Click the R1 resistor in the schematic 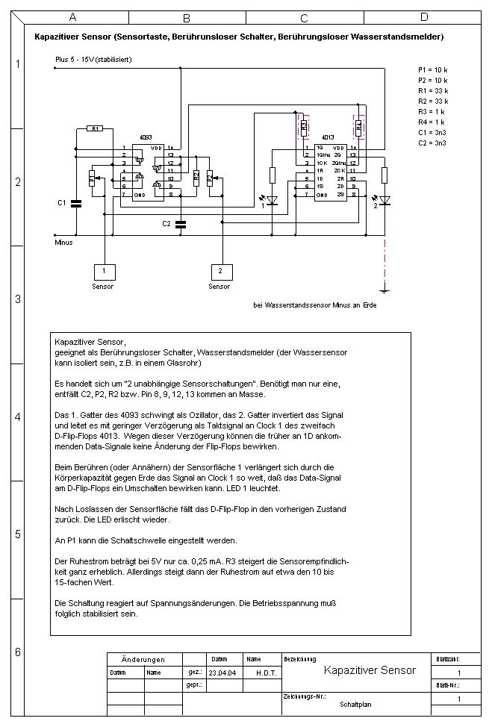(x=95, y=128)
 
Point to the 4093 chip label (x=146, y=139)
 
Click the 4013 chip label (x=326, y=139)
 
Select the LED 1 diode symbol (x=272, y=200)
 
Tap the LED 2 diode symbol (x=384, y=200)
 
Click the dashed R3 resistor (x=303, y=127)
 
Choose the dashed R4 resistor (x=358, y=127)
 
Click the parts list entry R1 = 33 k (x=433, y=90)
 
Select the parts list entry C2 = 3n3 (x=433, y=142)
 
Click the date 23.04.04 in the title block (x=222, y=672)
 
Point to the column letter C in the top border (x=304, y=17)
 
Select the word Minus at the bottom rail (x=63, y=243)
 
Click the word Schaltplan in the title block (x=355, y=704)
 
